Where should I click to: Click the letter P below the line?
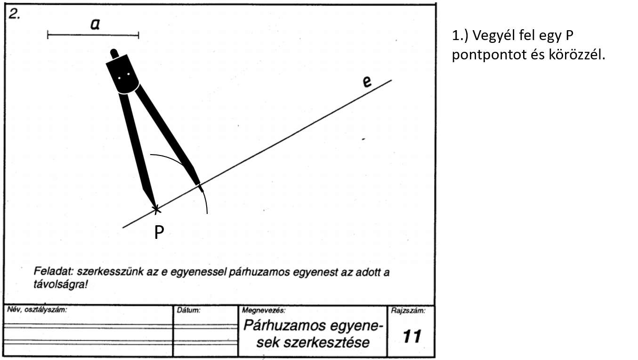pos(159,232)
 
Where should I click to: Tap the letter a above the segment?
pos(95,25)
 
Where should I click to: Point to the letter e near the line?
pos(367,82)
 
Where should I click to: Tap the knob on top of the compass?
pos(113,52)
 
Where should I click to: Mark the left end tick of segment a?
pos(48,34)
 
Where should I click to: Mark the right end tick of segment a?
pos(138,34)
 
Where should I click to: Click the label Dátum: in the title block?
pos(189,311)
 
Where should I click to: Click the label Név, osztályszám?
pos(37,310)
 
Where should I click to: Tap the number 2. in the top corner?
pos(15,14)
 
